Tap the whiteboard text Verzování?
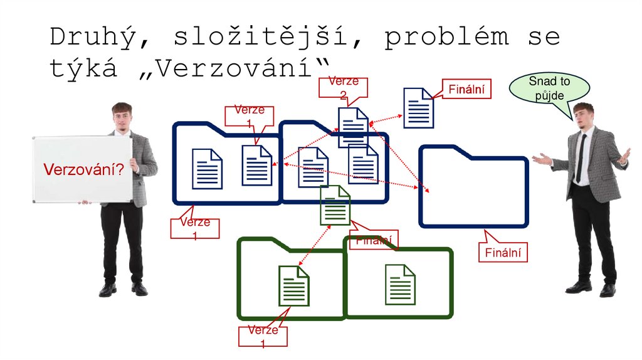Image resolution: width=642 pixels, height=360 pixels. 82,169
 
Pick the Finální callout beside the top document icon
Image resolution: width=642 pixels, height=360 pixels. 466,90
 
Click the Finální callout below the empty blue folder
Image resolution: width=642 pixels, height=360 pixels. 503,253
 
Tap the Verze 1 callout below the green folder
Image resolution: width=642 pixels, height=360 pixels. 262,336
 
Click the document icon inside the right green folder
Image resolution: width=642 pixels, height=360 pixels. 400,285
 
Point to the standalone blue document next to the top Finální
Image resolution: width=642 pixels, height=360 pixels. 418,108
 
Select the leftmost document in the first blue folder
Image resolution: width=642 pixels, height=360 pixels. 207,169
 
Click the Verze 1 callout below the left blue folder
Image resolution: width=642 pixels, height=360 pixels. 194,228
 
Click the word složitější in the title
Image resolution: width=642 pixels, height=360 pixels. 264,38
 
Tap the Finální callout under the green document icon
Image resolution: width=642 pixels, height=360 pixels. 374,240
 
